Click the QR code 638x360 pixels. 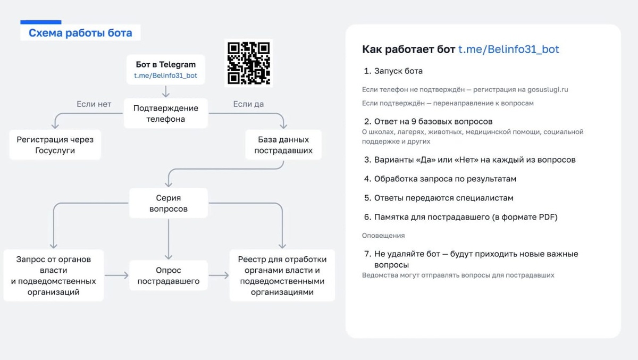pos(249,63)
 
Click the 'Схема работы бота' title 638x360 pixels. pos(80,34)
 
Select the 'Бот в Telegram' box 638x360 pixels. pos(165,70)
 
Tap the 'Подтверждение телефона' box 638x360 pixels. pos(165,113)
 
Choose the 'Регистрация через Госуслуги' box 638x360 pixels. pos(55,145)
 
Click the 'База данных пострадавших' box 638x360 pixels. pos(283,145)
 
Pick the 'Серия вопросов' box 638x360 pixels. pos(168,204)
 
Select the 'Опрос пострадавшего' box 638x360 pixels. pos(168,275)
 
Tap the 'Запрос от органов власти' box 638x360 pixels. pos(53,275)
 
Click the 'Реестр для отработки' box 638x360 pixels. pos(282,275)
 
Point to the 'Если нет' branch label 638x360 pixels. pos(94,104)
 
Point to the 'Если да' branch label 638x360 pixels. pos(248,104)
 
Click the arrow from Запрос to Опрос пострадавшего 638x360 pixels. pos(116,275)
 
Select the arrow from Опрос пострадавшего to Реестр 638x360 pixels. pos(219,275)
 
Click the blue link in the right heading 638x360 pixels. pos(508,49)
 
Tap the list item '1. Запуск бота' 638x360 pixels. pos(393,71)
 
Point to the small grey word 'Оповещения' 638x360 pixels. pos(383,236)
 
